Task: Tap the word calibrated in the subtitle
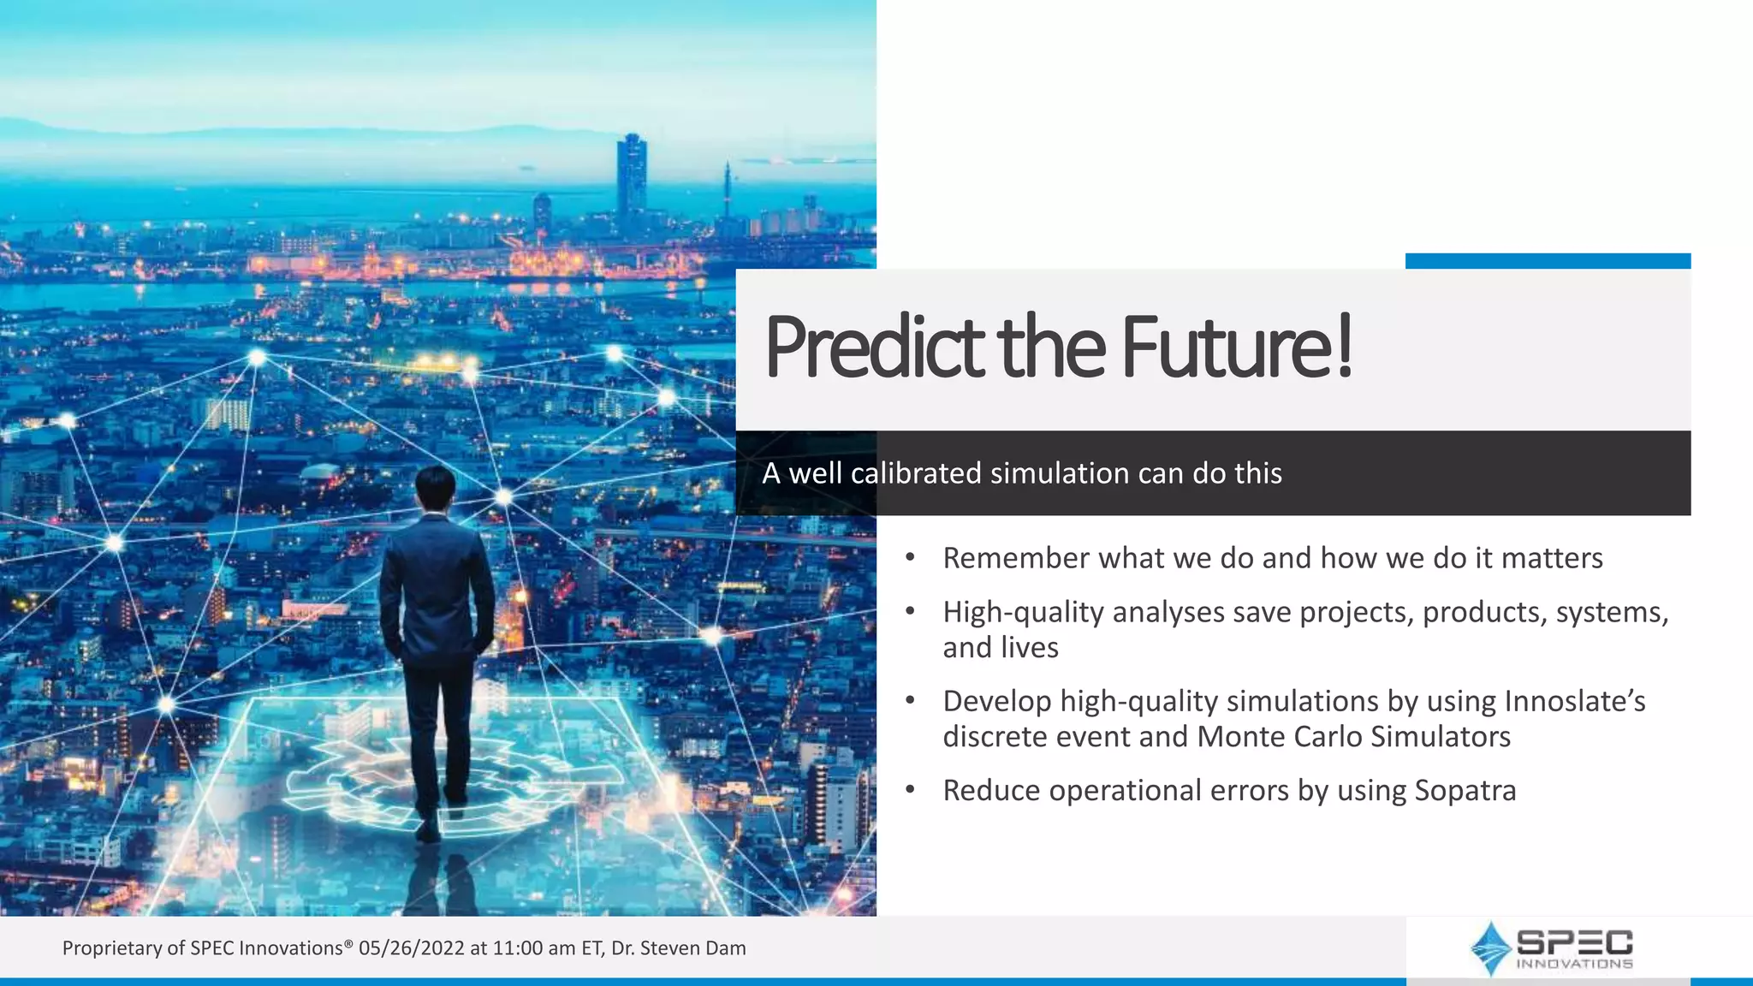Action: tap(916, 473)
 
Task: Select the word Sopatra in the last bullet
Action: tap(1465, 790)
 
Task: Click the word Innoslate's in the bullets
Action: tap(1574, 701)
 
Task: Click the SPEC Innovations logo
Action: tap(1551, 948)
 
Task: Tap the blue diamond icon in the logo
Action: tap(1491, 948)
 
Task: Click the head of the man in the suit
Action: tap(435, 490)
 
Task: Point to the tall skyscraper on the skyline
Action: tap(631, 175)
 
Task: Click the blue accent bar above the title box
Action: tap(1548, 261)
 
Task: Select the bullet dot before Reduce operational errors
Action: tap(911, 790)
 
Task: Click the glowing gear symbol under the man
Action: tap(360, 783)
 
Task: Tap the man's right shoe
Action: tap(428, 829)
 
